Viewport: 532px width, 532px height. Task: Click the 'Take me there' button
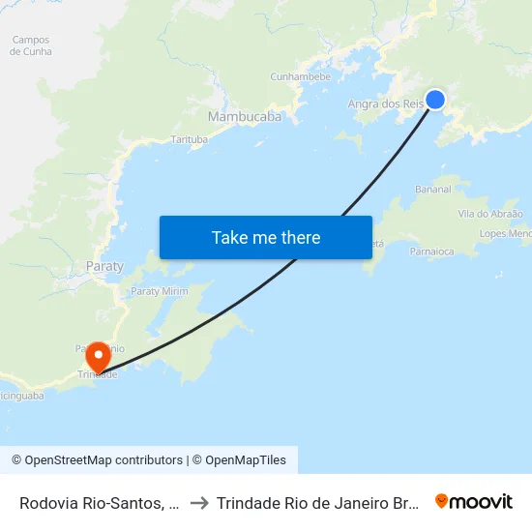click(x=265, y=237)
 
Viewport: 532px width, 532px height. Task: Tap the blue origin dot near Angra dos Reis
click(x=435, y=99)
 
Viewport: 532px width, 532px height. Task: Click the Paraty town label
click(x=105, y=266)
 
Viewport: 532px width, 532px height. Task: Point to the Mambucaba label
click(x=245, y=116)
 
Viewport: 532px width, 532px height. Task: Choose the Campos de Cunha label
click(x=31, y=45)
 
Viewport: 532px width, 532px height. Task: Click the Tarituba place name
click(x=190, y=139)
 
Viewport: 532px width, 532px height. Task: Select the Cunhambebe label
click(x=301, y=76)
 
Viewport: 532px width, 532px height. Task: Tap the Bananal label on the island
click(x=432, y=190)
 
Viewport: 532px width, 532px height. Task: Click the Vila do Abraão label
click(x=490, y=214)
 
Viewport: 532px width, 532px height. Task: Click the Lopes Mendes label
click(x=506, y=234)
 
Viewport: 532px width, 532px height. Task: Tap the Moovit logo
click(x=474, y=502)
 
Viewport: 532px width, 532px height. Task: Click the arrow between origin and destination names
click(x=198, y=503)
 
